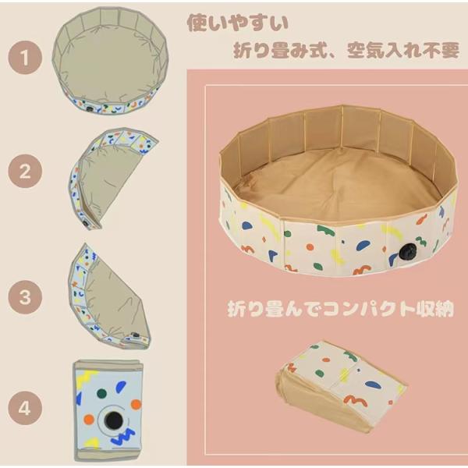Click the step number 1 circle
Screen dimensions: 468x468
click(x=25, y=58)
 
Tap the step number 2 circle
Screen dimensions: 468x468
click(x=25, y=171)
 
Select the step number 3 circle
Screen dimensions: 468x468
click(x=25, y=297)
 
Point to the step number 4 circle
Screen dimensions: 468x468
click(x=25, y=408)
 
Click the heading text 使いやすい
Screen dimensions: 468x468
click(x=237, y=23)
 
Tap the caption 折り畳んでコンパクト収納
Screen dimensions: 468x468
click(x=341, y=309)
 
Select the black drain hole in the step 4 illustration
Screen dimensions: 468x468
click(x=113, y=420)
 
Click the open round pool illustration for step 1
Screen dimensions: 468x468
click(x=110, y=61)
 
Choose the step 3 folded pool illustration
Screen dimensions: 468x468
click(x=109, y=296)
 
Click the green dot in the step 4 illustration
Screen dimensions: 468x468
click(x=101, y=394)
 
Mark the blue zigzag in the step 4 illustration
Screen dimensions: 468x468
click(x=123, y=436)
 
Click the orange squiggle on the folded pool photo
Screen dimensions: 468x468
click(x=355, y=400)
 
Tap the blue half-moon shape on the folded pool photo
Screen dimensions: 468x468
click(x=373, y=385)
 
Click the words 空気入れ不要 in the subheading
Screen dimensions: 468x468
click(x=403, y=50)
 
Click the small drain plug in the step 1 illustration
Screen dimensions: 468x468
click(x=89, y=108)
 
